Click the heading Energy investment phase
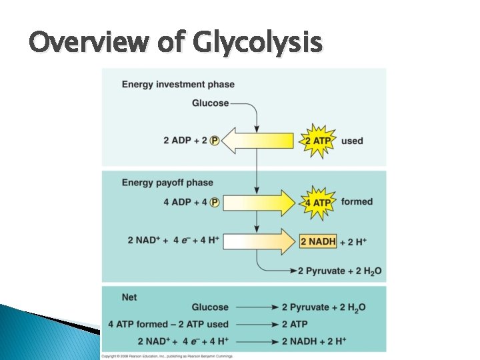click(x=178, y=85)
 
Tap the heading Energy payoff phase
click(x=167, y=183)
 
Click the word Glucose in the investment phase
click(x=210, y=103)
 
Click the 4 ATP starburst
click(x=317, y=203)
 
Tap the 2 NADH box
click(x=318, y=241)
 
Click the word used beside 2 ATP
click(x=352, y=141)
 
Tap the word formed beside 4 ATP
click(x=356, y=202)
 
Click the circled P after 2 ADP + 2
click(x=215, y=141)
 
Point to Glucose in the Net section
click(x=210, y=307)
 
